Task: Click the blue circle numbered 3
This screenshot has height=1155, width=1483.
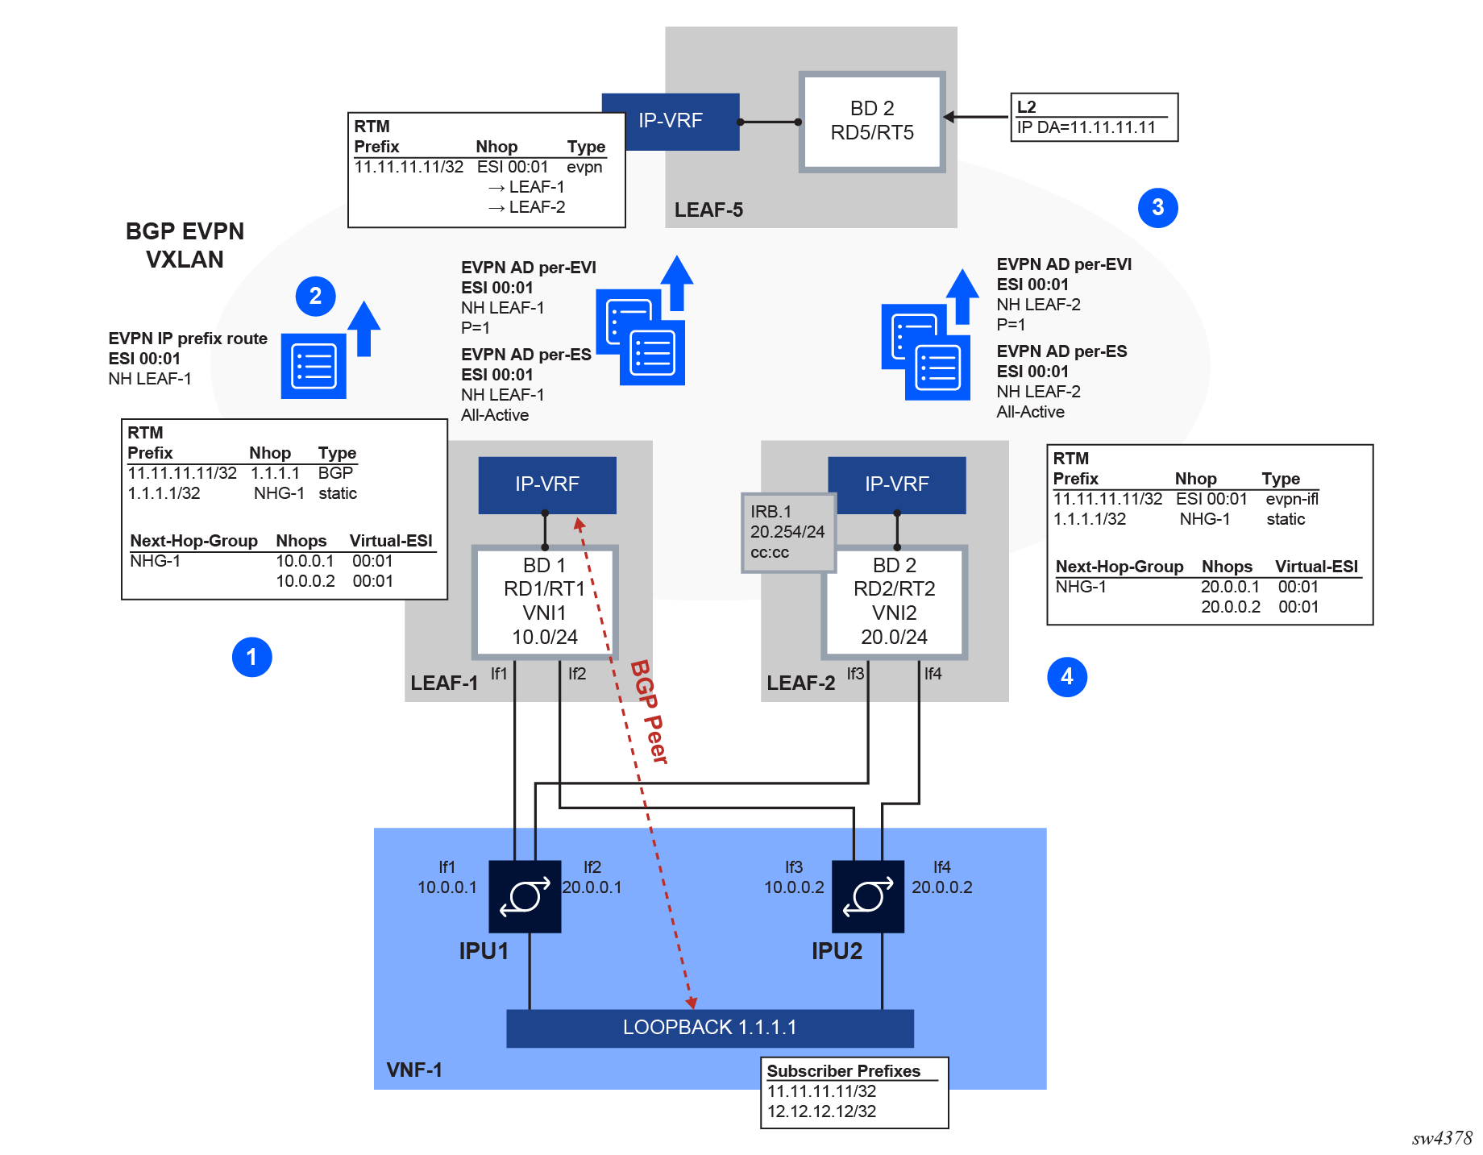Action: coord(1157,208)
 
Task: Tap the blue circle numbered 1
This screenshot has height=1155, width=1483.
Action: coord(251,657)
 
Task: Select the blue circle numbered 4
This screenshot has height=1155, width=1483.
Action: coord(1066,676)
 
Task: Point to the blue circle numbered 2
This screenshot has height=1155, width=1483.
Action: coord(315,296)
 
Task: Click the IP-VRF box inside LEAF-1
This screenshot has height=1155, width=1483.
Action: coord(546,484)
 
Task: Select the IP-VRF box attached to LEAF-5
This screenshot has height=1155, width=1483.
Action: coord(670,121)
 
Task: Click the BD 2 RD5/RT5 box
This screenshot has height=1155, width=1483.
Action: coord(872,122)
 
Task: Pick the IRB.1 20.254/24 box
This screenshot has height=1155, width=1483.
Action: coord(787,532)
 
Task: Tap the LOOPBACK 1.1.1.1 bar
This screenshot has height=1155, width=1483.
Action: coord(709,1028)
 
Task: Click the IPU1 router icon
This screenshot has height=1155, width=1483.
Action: coord(525,896)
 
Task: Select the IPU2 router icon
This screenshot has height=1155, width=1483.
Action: coord(867,896)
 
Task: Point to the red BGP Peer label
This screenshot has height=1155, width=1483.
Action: coord(650,712)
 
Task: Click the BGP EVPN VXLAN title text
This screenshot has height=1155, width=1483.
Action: coord(185,245)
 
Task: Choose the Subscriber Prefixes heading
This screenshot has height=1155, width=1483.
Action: coord(843,1071)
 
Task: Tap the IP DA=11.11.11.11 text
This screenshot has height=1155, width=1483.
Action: coord(1086,127)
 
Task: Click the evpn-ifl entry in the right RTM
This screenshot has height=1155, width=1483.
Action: coord(1291,499)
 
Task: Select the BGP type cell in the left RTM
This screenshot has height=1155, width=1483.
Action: coord(335,473)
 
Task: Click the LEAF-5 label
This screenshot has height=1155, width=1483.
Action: coord(708,210)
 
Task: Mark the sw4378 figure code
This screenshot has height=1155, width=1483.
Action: coord(1441,1138)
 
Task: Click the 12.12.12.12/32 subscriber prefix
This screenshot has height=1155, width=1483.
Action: coord(821,1111)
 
